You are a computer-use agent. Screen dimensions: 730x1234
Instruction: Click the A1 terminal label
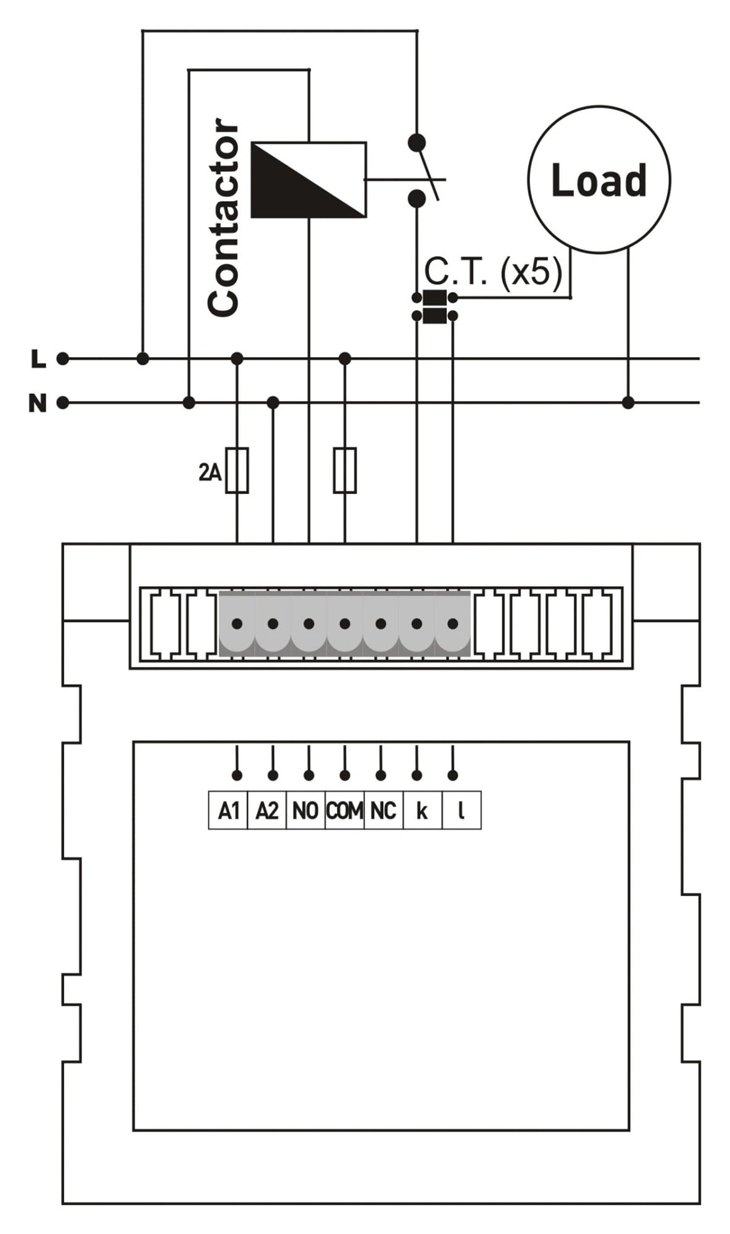[x=228, y=810]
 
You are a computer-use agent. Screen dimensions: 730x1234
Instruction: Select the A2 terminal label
[x=267, y=810]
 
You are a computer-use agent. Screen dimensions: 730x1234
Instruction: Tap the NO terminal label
[x=305, y=810]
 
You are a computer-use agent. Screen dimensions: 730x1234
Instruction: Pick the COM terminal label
[x=344, y=810]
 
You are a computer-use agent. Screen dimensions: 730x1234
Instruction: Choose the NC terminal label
[x=383, y=810]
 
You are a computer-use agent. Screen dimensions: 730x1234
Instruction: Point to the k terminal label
[x=422, y=810]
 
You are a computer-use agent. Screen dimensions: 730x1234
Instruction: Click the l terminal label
[x=461, y=810]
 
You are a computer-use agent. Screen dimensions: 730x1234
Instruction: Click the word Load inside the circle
[x=599, y=180]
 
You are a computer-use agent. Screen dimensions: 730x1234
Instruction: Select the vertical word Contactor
[x=223, y=217]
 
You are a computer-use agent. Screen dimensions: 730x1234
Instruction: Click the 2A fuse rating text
[x=210, y=473]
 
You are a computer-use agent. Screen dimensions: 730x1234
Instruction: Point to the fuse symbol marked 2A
[x=237, y=470]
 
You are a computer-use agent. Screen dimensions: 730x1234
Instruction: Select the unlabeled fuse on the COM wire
[x=345, y=470]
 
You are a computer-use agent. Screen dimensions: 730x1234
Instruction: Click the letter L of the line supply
[x=39, y=358]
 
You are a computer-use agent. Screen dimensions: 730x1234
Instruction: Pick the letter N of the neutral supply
[x=38, y=404]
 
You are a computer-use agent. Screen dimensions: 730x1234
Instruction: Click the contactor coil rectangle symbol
[x=309, y=180]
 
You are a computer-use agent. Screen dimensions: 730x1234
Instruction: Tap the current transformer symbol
[x=435, y=307]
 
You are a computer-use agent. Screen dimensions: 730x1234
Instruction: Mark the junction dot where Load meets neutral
[x=628, y=403]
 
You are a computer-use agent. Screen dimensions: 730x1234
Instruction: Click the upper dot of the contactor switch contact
[x=417, y=143]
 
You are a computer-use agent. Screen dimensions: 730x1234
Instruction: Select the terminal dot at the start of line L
[x=63, y=358]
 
